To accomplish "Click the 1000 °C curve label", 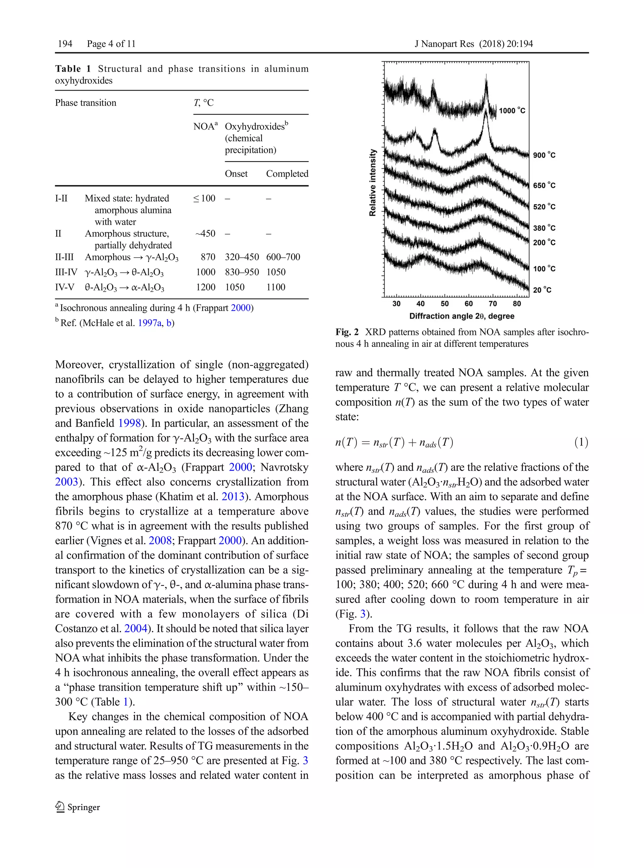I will [x=512, y=111].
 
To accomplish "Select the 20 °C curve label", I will [x=542, y=290].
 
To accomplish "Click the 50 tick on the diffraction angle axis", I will [x=444, y=304].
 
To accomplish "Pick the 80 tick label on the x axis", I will [x=517, y=304].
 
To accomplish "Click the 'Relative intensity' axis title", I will [x=373, y=182].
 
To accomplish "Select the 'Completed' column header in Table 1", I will [x=287, y=174].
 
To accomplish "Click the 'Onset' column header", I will [x=236, y=174].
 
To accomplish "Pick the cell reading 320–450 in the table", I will [x=242, y=257].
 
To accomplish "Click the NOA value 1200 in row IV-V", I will [x=205, y=287].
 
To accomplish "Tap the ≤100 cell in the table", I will [x=204, y=199].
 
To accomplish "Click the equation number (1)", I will [x=581, y=443].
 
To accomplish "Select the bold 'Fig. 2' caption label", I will [x=347, y=332].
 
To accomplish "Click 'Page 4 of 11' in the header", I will [x=111, y=44].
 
